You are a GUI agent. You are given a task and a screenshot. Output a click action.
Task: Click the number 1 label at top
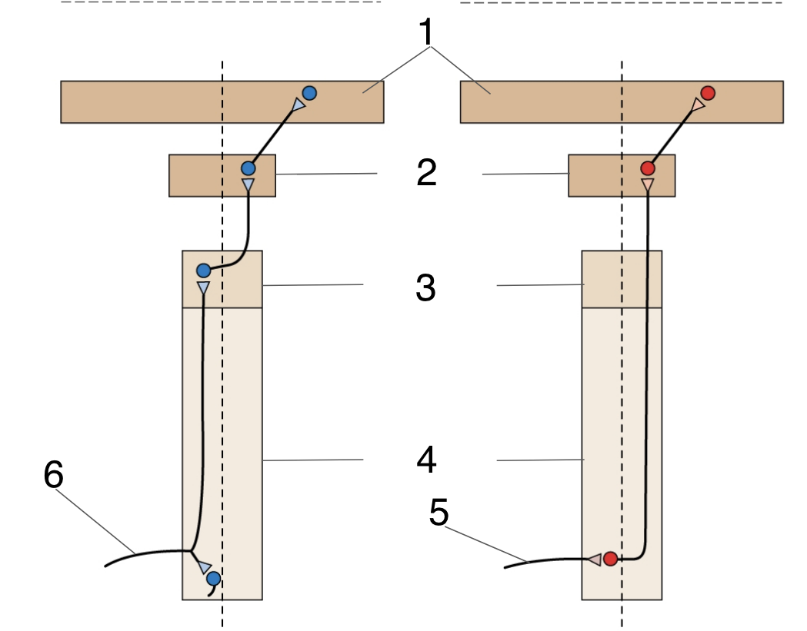tap(426, 32)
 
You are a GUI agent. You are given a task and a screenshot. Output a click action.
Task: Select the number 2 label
tap(426, 173)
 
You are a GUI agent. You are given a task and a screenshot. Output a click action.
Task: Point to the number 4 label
tap(426, 460)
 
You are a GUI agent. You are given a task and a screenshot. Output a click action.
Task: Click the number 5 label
tap(439, 513)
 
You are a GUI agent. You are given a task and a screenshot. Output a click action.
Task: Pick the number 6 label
tap(53, 476)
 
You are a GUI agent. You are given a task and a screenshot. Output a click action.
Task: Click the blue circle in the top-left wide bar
tap(309, 93)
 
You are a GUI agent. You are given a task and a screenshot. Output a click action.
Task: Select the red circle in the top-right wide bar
tap(709, 93)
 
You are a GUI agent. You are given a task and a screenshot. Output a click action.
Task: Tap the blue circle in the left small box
tap(248, 168)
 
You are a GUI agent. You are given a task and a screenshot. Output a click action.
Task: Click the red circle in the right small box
tap(648, 168)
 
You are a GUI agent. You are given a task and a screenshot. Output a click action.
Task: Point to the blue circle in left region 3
tap(203, 271)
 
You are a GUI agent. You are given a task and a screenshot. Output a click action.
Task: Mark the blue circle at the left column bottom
tap(213, 578)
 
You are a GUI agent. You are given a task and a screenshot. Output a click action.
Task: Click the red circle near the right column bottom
tap(610, 559)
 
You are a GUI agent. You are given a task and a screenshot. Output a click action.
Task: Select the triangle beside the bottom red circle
tap(594, 559)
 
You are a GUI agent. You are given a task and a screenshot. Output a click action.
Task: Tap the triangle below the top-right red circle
tap(697, 106)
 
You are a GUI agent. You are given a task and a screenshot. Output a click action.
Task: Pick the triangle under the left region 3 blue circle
tap(203, 288)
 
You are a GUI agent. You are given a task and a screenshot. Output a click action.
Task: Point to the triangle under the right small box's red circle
tap(648, 185)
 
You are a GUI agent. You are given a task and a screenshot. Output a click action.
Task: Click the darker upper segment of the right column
tap(621, 279)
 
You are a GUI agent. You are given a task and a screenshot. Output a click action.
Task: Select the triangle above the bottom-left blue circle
tap(204, 567)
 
